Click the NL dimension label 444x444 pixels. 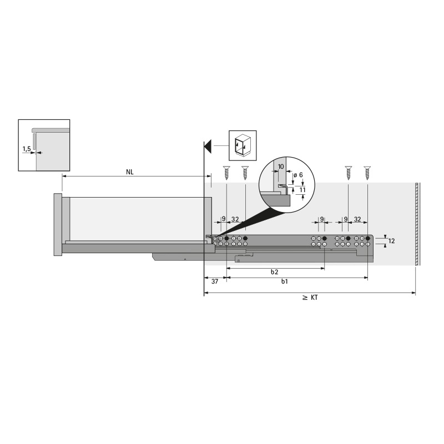[130, 172]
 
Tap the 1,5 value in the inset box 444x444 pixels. [27, 149]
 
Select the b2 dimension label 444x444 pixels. [274, 272]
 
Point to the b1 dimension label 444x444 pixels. [285, 281]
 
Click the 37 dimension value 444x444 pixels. [215, 281]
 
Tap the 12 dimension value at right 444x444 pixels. [391, 241]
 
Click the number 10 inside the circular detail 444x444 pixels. [281, 167]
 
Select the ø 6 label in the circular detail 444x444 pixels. [298, 175]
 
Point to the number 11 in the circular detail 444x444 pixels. [302, 190]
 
